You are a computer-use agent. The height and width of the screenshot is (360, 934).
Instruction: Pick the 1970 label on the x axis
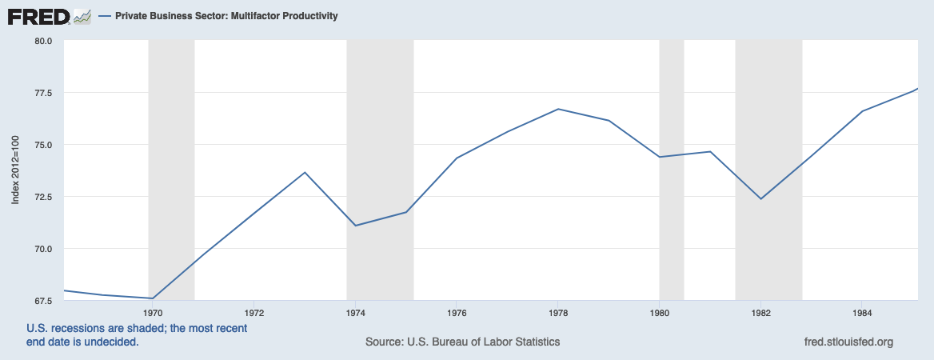tap(153, 313)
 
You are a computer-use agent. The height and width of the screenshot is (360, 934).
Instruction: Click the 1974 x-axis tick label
tap(355, 313)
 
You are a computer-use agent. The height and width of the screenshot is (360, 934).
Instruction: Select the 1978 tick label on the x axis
tap(558, 313)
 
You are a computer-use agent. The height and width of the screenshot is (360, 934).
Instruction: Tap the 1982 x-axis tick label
tap(760, 313)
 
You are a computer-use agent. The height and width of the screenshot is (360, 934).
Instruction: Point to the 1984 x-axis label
tap(862, 313)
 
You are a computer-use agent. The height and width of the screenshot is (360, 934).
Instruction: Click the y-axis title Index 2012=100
tap(15, 170)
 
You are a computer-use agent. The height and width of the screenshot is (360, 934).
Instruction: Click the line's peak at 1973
tap(305, 172)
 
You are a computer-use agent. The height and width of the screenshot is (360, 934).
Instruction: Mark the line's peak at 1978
tap(558, 109)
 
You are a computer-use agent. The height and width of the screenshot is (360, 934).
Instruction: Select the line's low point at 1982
tap(760, 198)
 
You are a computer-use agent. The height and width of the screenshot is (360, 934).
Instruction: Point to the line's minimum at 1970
tap(152, 298)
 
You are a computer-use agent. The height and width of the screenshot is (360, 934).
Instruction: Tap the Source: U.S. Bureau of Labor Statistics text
tap(462, 342)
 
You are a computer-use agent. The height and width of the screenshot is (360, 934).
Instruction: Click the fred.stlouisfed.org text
tap(847, 342)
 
